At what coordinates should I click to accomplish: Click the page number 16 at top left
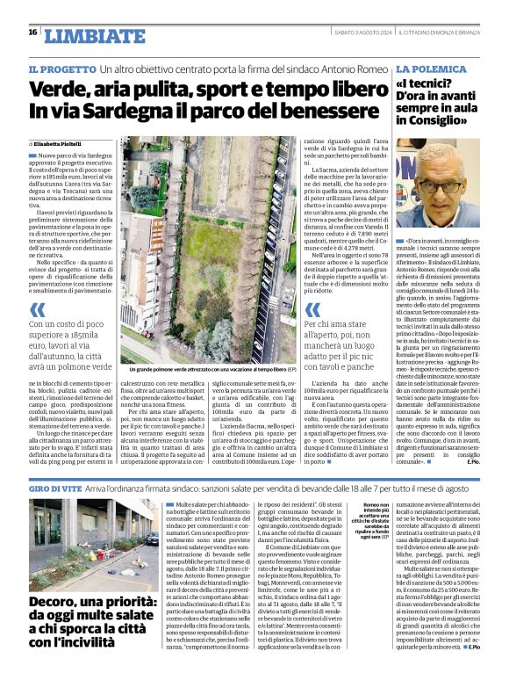tap(32, 33)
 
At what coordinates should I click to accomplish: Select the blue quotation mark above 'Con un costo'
tap(39, 309)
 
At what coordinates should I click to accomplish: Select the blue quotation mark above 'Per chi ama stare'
tap(313, 310)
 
